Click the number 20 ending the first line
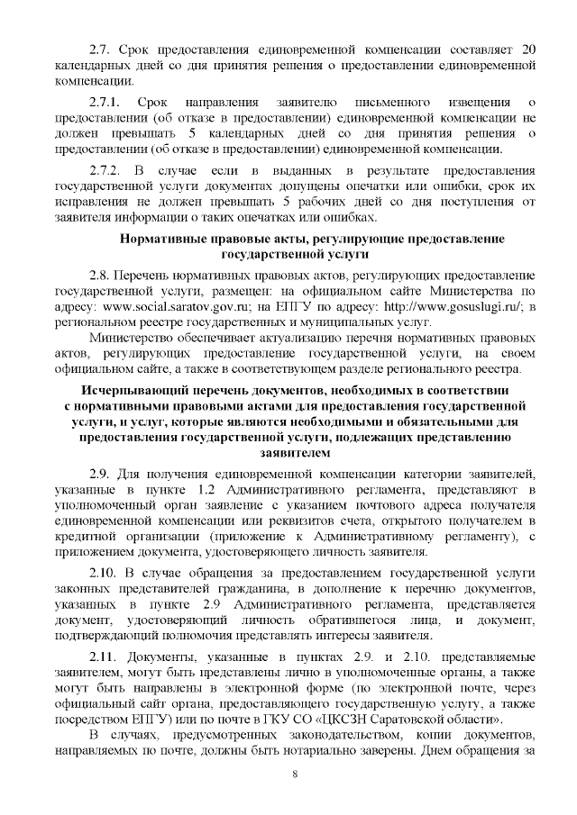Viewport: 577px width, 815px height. point(530,48)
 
